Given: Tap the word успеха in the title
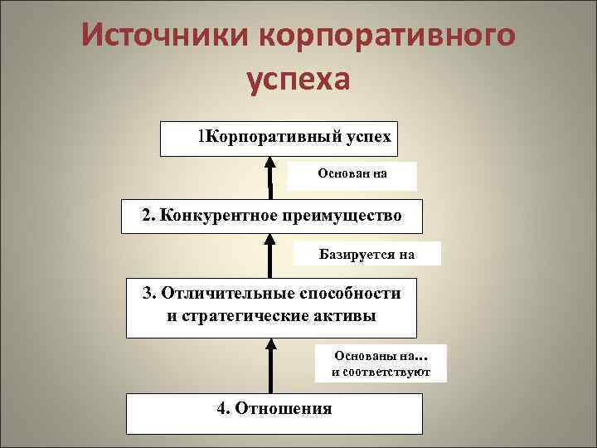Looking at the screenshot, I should coord(298,81).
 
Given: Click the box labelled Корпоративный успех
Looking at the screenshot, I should coord(279,139).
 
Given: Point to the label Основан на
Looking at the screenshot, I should coord(352,175).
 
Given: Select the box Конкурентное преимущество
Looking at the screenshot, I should coord(272,216).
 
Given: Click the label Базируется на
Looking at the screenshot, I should coord(366,254).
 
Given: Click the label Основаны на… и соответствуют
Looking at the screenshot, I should coord(381,363).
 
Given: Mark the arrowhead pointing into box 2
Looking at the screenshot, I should coord(270,241).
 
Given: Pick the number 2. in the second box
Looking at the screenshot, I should coord(148,216).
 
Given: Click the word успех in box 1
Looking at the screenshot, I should coord(365,135).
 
